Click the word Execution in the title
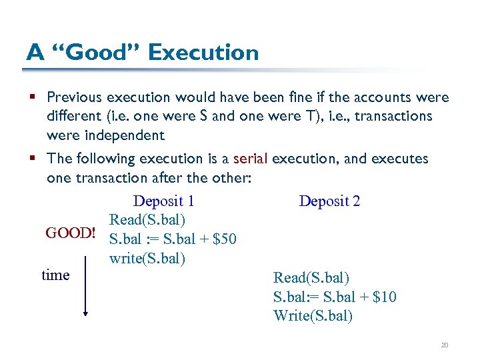(x=203, y=52)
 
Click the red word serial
(x=250, y=159)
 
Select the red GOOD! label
(x=71, y=233)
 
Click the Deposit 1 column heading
(x=163, y=201)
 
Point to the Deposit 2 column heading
(x=329, y=201)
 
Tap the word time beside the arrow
(x=55, y=275)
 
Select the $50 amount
(x=224, y=239)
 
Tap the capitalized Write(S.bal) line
(x=313, y=316)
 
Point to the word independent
(x=105, y=135)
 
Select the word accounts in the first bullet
(x=386, y=97)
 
